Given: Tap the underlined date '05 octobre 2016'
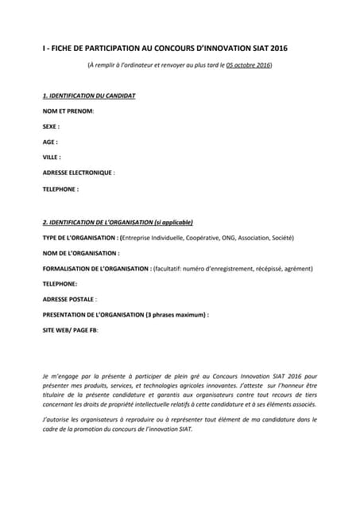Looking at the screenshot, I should click(248, 64).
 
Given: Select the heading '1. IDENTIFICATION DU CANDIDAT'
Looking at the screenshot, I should click(89, 96).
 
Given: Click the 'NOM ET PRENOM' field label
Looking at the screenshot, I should click(68, 111).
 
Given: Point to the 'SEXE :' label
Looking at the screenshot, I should click(51, 126).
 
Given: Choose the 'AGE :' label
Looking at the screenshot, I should click(50, 142).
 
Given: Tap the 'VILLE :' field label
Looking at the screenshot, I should click(52, 157).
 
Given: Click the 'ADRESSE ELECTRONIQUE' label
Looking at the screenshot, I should click(78, 173).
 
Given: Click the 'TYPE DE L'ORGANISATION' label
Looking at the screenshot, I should click(79, 238).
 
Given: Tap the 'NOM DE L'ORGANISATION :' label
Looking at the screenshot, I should click(81, 253).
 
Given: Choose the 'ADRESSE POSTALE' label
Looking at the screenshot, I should click(69, 300).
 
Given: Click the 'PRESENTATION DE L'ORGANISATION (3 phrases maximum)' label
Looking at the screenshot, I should click(126, 315).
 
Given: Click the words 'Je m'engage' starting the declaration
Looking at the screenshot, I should click(62, 375).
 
